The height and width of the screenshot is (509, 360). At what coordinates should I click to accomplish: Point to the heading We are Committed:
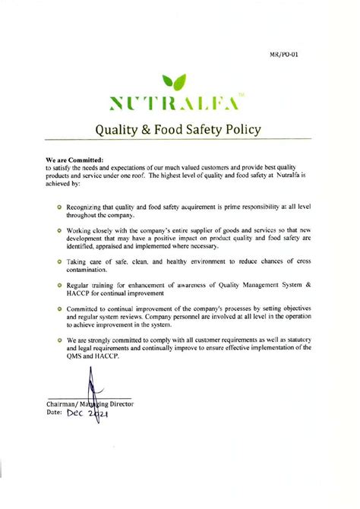(74, 160)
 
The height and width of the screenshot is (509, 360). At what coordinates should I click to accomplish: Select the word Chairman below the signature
(63, 403)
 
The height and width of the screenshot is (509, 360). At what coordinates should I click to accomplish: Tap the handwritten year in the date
(105, 415)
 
